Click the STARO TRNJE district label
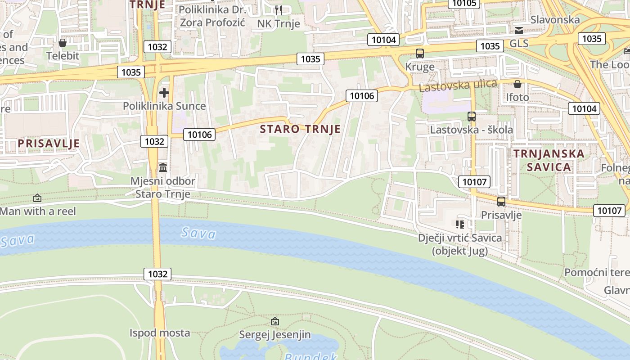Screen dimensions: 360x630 [300, 129]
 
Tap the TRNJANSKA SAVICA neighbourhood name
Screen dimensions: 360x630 [549, 160]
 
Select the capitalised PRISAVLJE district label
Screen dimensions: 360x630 [49, 144]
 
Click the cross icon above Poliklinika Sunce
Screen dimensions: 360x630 [164, 93]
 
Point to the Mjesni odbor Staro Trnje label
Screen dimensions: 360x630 [163, 188]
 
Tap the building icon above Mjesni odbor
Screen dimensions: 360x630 [163, 167]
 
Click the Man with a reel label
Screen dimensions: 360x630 [38, 211]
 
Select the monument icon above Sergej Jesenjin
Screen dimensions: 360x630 [275, 321]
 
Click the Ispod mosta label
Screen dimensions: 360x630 [160, 333]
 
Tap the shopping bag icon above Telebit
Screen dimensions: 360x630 [63, 43]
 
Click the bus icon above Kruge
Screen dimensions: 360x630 [420, 54]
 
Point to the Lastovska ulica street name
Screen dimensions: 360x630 [458, 85]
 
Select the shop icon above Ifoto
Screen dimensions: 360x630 [517, 84]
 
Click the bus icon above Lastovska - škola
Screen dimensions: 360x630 [472, 117]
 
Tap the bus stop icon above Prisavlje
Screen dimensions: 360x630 [501, 202]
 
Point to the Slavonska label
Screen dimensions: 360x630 [555, 20]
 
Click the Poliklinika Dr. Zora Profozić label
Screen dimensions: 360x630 [212, 16]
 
